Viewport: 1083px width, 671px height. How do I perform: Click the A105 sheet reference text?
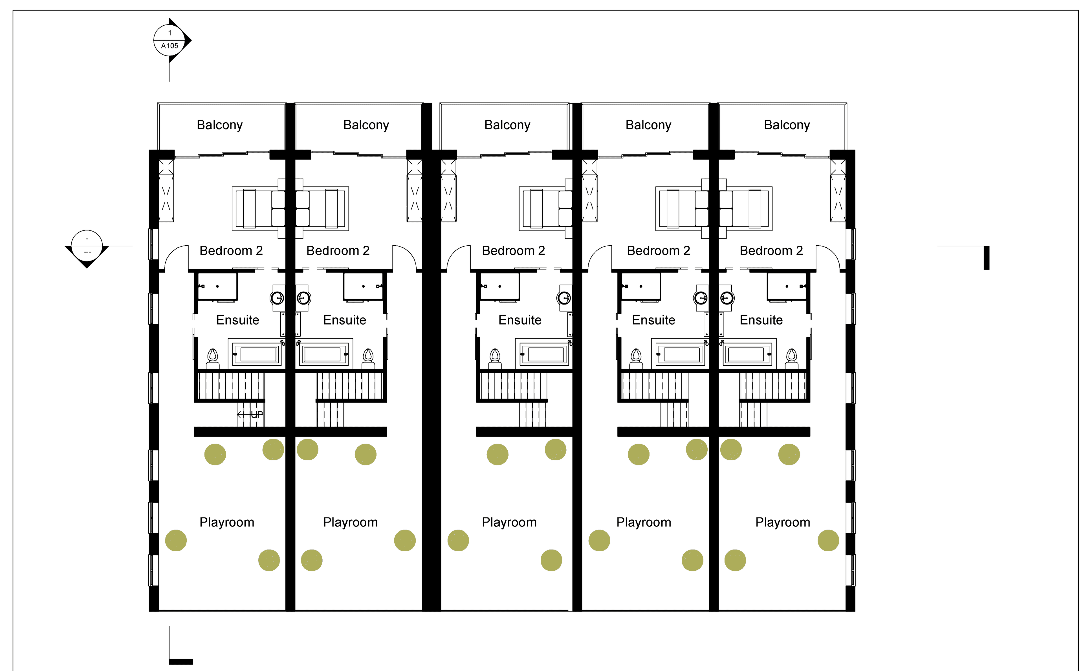(x=169, y=46)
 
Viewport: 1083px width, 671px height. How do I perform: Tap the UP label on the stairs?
(x=257, y=414)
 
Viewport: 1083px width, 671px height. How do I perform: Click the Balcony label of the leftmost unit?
(x=219, y=125)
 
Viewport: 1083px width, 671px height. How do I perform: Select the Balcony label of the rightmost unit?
(x=787, y=125)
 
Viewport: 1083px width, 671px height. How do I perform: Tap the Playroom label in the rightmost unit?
(x=783, y=522)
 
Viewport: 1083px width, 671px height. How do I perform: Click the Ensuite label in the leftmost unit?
(x=238, y=320)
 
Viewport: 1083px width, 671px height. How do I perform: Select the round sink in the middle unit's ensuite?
(x=564, y=297)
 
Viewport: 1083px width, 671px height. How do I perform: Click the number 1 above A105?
(x=169, y=33)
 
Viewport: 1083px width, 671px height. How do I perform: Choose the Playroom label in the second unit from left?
(x=351, y=522)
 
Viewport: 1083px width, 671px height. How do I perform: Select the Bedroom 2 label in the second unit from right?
(x=658, y=251)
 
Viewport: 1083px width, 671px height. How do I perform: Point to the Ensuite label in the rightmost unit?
(x=761, y=320)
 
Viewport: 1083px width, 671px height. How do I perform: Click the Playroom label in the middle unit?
(x=509, y=522)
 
